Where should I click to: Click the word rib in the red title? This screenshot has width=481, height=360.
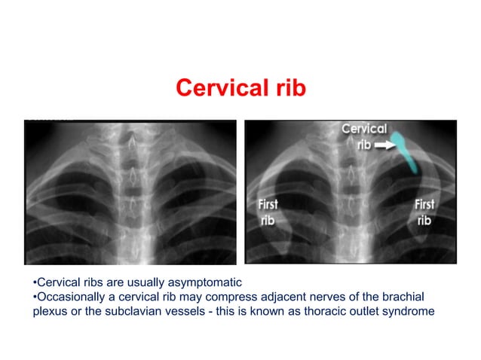pos(288,88)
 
